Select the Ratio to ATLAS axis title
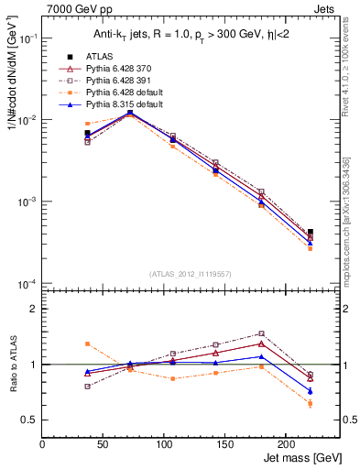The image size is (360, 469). click(12, 365)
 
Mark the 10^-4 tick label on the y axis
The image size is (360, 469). click(26, 284)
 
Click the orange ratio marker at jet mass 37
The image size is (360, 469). click(87, 344)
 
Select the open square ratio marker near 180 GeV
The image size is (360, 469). click(261, 333)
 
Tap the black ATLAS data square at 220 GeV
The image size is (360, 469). click(311, 233)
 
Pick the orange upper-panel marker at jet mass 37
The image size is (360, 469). click(87, 124)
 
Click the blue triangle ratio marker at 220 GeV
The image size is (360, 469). click(311, 391)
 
